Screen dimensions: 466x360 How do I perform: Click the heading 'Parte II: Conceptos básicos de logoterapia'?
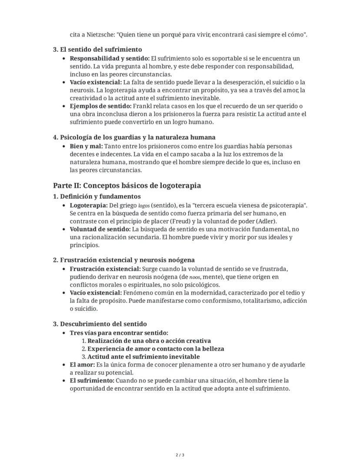click(x=127, y=186)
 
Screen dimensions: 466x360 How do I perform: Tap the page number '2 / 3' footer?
click(x=180, y=455)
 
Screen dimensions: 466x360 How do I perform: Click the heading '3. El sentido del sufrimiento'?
click(x=97, y=50)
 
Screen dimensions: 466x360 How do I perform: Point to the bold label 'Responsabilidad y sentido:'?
click(x=110, y=58)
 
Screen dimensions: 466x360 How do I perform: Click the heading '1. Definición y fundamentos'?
click(x=97, y=196)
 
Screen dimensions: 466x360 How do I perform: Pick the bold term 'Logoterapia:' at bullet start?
click(x=89, y=205)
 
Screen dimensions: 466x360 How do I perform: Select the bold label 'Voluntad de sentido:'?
click(x=100, y=229)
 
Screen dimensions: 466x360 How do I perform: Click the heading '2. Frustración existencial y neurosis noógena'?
click(x=124, y=260)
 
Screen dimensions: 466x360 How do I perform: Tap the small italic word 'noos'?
click(x=195, y=277)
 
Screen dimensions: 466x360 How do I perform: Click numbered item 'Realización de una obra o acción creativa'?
click(x=149, y=341)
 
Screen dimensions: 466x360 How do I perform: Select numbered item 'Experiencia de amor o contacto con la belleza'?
click(x=157, y=349)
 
